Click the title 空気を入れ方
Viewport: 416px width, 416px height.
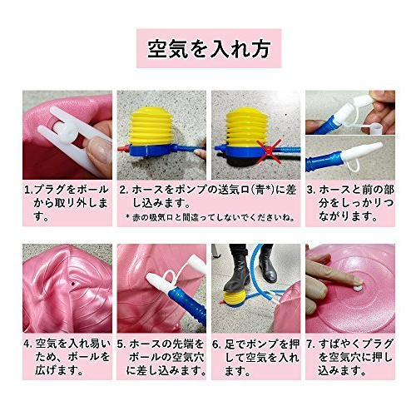click(209, 49)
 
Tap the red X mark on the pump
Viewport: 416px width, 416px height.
click(268, 152)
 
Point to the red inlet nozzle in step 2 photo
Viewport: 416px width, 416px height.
click(123, 149)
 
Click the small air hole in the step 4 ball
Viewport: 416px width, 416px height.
click(73, 284)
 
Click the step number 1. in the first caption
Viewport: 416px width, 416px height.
click(28, 190)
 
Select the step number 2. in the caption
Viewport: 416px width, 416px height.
click(124, 190)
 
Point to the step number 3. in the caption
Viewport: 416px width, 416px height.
click(311, 190)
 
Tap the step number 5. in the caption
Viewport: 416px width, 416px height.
click(122, 344)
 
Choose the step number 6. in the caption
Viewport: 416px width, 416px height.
click(217, 344)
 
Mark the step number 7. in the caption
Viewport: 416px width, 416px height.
click(311, 344)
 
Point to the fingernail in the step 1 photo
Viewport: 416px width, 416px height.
click(97, 150)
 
